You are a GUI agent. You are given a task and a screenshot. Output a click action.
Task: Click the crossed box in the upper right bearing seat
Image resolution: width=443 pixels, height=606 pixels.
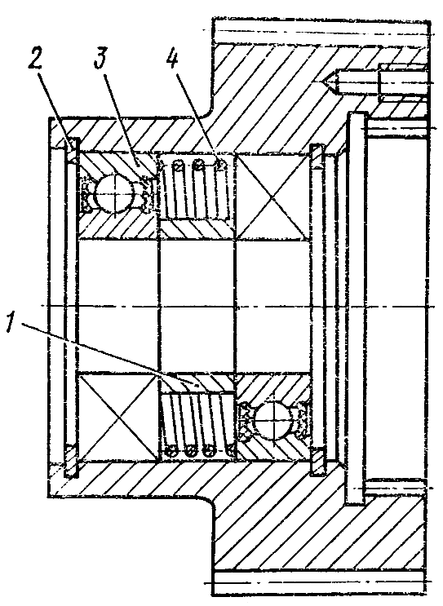click(x=272, y=196)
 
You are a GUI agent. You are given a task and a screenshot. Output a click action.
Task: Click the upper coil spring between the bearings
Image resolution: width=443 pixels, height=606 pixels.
click(x=195, y=188)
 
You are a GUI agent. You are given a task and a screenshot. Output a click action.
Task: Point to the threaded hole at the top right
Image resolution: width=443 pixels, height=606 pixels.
click(x=403, y=82)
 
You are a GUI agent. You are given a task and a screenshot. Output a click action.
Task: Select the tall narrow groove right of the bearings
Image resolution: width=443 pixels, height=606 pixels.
click(x=356, y=308)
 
